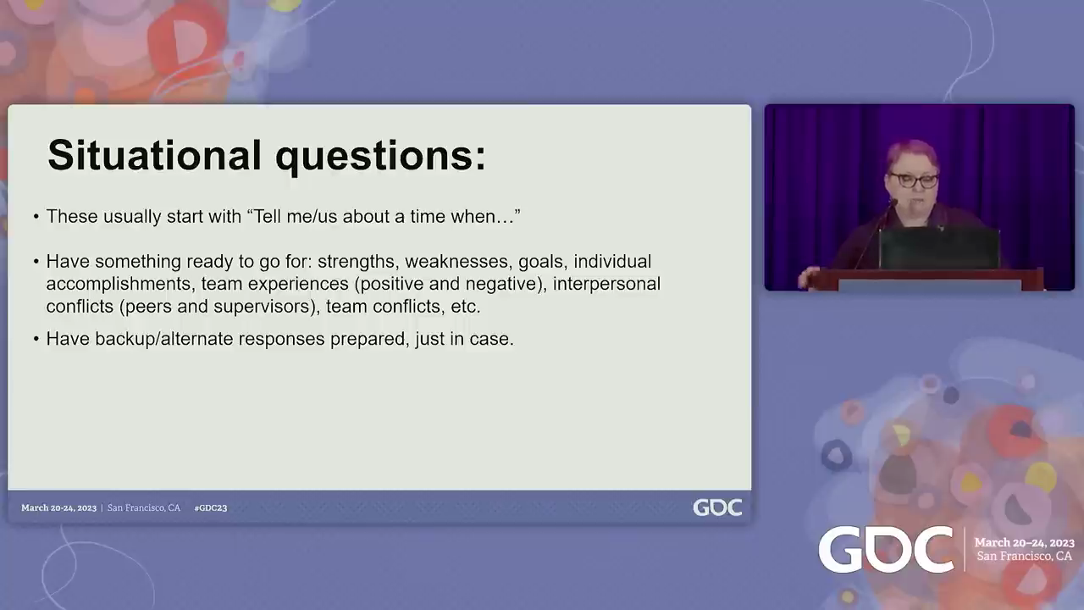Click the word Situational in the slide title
click(x=154, y=155)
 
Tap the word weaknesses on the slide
click(x=459, y=262)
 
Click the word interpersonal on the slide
click(x=606, y=284)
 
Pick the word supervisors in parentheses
click(x=265, y=307)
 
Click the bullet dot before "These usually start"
click(x=36, y=217)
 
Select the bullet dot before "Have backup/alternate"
click(x=36, y=340)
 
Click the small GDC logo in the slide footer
click(x=717, y=507)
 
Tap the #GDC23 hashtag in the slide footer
click(x=211, y=507)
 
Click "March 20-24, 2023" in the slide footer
click(x=58, y=507)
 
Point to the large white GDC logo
click(x=886, y=550)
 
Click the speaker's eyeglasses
click(x=913, y=180)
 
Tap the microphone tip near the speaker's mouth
click(x=893, y=202)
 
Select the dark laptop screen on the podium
click(x=939, y=248)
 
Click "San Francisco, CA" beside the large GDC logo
click(x=1024, y=557)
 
